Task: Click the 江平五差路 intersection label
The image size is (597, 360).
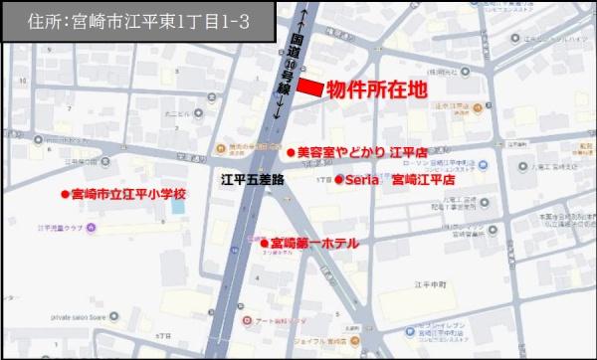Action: click(252, 180)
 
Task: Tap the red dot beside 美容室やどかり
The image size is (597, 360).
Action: click(291, 153)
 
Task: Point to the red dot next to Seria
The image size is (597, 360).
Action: click(338, 180)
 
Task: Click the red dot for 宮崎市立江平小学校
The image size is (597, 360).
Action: click(64, 194)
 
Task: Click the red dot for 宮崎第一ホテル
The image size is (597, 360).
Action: click(265, 242)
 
